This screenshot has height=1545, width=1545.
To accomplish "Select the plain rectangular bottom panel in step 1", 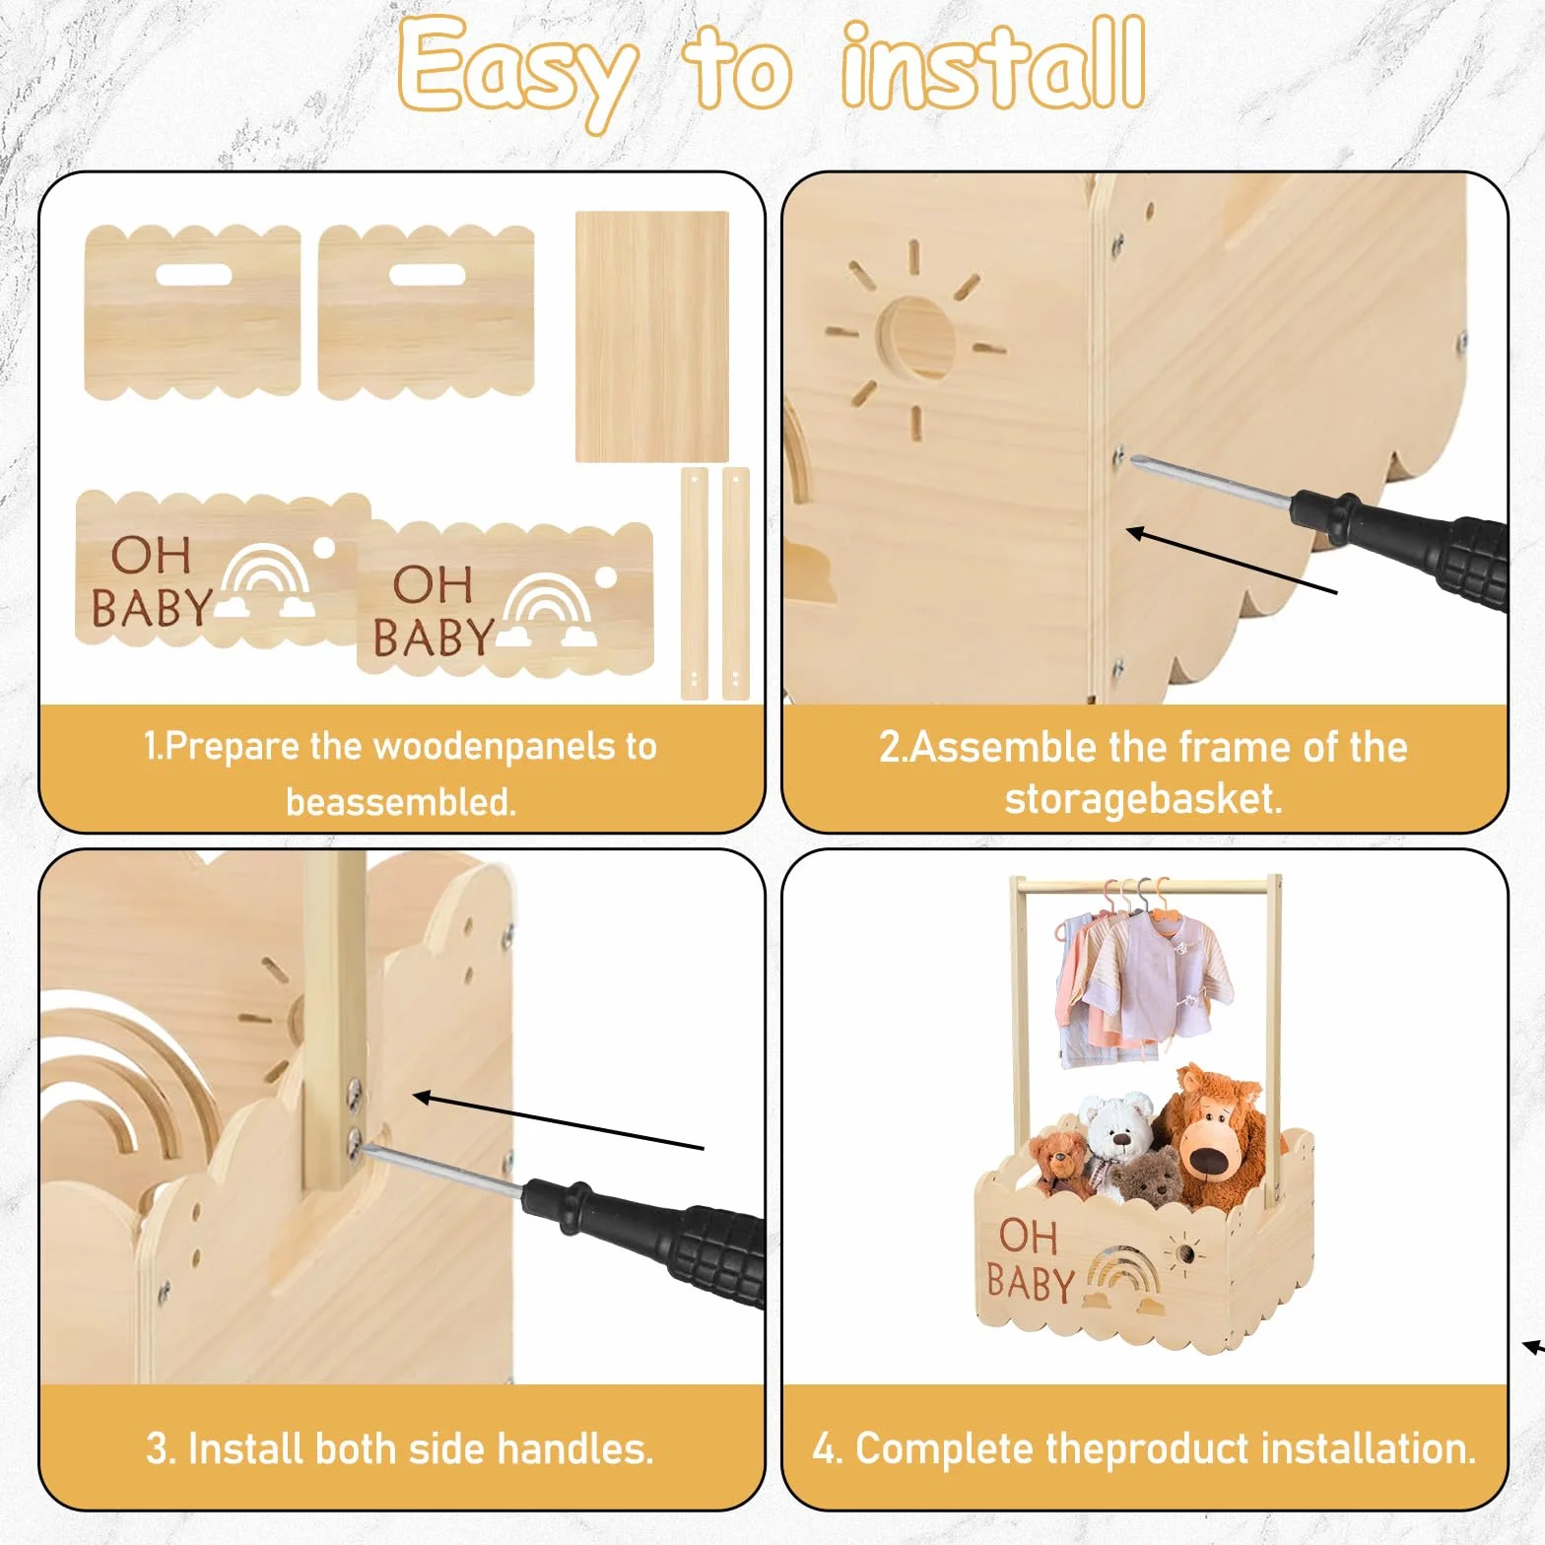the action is point(652,336).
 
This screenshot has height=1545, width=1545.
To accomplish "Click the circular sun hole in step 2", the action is point(916,339).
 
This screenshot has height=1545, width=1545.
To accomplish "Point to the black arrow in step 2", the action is point(1232,562).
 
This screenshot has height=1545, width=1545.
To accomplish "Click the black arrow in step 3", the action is point(558,1121).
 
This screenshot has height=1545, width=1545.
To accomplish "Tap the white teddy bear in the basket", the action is point(1117,1138).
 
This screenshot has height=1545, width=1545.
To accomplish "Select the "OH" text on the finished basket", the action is point(1027,1237).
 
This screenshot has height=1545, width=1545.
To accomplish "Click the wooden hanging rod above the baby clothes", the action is point(1146,887).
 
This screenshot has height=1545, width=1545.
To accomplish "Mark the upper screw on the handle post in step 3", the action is point(355,1089).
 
